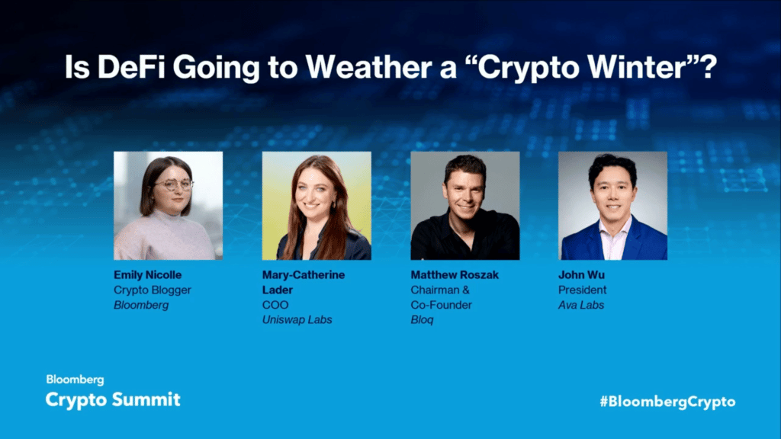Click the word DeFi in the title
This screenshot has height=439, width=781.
[131, 67]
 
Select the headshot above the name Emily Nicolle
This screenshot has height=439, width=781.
[169, 206]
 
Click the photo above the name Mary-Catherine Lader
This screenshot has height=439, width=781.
[317, 206]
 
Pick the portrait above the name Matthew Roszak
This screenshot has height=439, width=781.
[465, 206]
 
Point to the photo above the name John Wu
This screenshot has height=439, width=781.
[612, 206]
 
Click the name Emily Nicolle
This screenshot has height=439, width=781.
[147, 274]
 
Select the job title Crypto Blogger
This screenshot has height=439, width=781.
[153, 290]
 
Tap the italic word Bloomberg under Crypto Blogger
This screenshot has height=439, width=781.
[141, 305]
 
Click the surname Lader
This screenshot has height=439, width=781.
[278, 290]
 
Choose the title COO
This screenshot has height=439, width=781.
[275, 305]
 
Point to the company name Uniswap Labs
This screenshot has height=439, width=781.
[297, 319]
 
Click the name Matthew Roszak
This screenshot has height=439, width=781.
[455, 274]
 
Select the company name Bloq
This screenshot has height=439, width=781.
[422, 320]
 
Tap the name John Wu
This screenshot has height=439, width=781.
[581, 274]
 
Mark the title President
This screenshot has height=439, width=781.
[582, 290]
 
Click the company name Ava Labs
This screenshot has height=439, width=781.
[580, 305]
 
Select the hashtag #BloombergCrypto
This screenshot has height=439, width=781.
[668, 402]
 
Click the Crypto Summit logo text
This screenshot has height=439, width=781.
[113, 399]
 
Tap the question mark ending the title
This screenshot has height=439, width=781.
[709, 67]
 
